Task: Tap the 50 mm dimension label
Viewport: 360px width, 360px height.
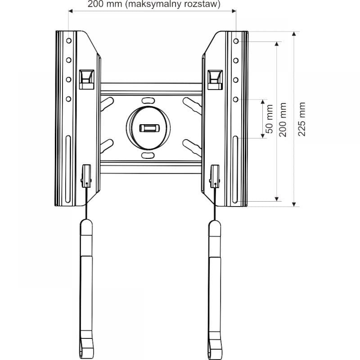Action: [x=269, y=119]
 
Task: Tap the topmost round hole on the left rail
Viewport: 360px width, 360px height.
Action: [x=69, y=41]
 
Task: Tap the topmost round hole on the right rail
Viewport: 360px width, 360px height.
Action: [x=236, y=41]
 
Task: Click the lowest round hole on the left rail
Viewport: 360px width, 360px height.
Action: [x=69, y=99]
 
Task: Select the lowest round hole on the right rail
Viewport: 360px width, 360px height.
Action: [x=236, y=99]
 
